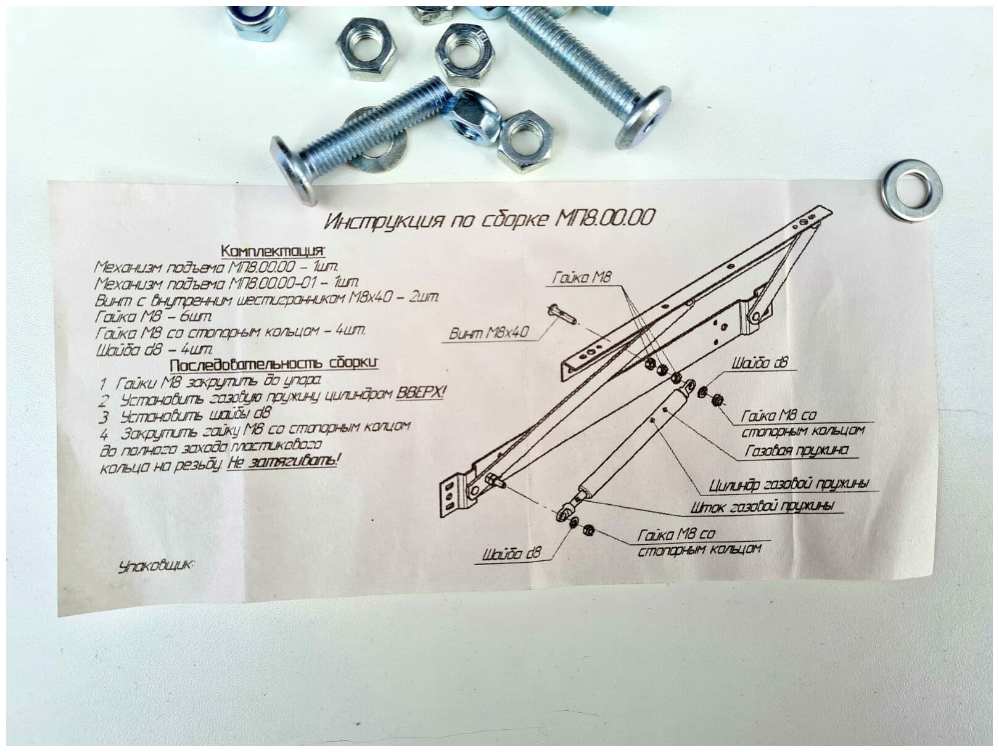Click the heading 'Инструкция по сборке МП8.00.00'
[489, 219]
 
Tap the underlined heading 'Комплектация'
[272, 251]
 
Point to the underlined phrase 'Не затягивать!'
[283, 461]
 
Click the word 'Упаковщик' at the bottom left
[154, 565]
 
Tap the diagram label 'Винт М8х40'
[488, 333]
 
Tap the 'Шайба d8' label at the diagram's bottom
[511, 554]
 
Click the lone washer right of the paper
[911, 190]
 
